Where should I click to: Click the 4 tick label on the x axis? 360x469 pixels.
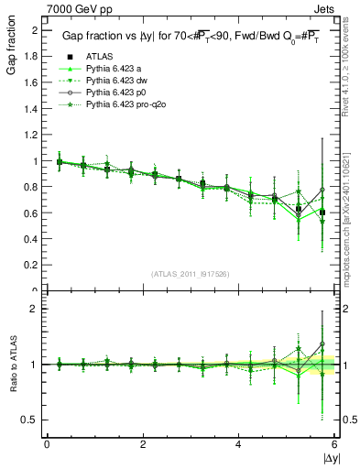(x=238, y=444)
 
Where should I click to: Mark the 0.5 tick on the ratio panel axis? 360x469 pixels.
(x=33, y=420)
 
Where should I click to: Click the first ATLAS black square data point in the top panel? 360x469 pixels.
(x=60, y=162)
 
